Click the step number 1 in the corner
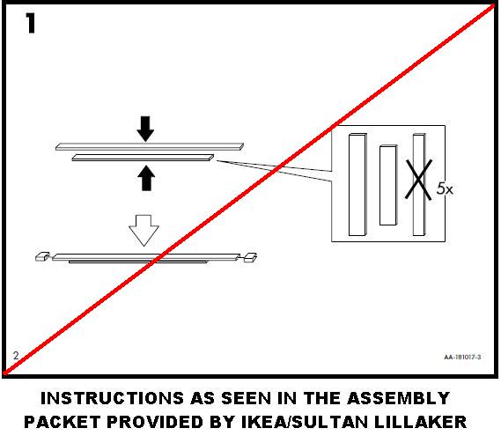click(x=31, y=25)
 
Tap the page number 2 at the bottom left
click(x=16, y=356)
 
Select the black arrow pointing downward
click(x=146, y=129)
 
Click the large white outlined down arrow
click(x=144, y=231)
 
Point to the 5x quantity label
click(x=445, y=188)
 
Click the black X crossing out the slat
click(x=418, y=182)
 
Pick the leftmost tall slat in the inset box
click(x=357, y=184)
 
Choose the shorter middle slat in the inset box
click(x=387, y=185)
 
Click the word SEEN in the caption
click(x=257, y=399)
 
